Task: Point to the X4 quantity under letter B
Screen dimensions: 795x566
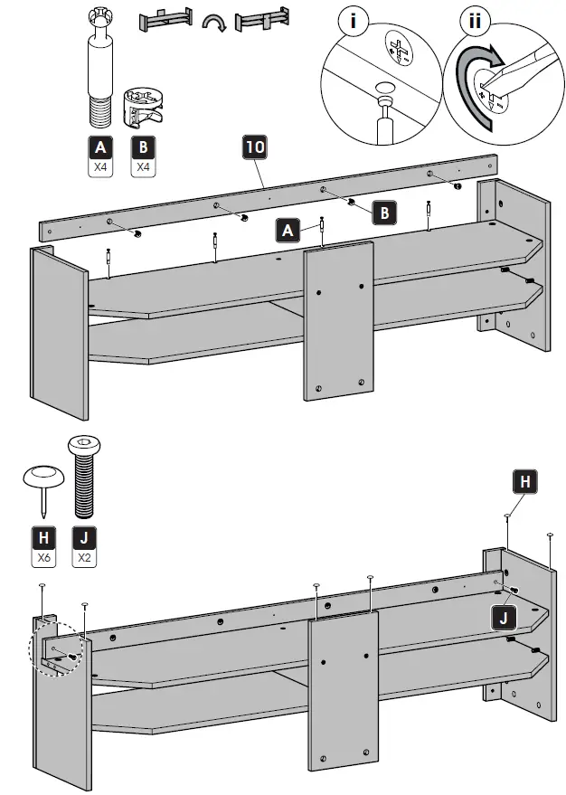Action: coord(143,167)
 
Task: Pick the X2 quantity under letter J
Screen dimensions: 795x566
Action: coord(85,557)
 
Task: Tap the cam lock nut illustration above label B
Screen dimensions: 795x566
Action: coord(144,109)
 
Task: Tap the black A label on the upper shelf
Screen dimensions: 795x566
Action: coord(288,231)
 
